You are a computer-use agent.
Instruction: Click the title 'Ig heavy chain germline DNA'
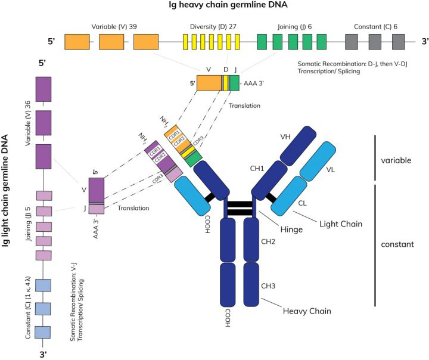(x=228, y=5)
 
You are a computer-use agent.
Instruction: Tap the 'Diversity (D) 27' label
(x=213, y=27)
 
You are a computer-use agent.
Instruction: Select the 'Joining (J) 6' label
(x=294, y=27)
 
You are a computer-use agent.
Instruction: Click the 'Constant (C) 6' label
(x=375, y=27)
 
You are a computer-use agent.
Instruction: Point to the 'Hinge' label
(x=291, y=229)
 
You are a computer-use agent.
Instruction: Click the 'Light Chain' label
(x=341, y=224)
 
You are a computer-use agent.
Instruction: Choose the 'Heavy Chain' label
(x=307, y=311)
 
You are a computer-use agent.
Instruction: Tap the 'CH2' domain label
(x=268, y=241)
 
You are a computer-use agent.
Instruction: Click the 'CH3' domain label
(x=268, y=286)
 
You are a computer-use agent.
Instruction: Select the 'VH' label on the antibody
(x=285, y=136)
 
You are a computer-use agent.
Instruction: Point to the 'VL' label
(x=331, y=170)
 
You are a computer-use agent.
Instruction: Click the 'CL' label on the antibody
(x=302, y=203)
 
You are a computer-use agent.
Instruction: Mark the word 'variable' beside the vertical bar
(x=396, y=160)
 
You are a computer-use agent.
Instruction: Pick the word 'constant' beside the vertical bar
(x=397, y=244)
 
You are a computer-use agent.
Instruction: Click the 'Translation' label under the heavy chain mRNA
(x=244, y=105)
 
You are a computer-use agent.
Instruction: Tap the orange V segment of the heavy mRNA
(x=209, y=83)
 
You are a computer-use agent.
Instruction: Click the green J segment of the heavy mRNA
(x=235, y=83)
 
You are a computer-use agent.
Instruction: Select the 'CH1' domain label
(x=257, y=168)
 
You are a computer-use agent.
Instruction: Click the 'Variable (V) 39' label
(x=114, y=27)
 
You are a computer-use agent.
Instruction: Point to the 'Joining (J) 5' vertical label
(x=27, y=224)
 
